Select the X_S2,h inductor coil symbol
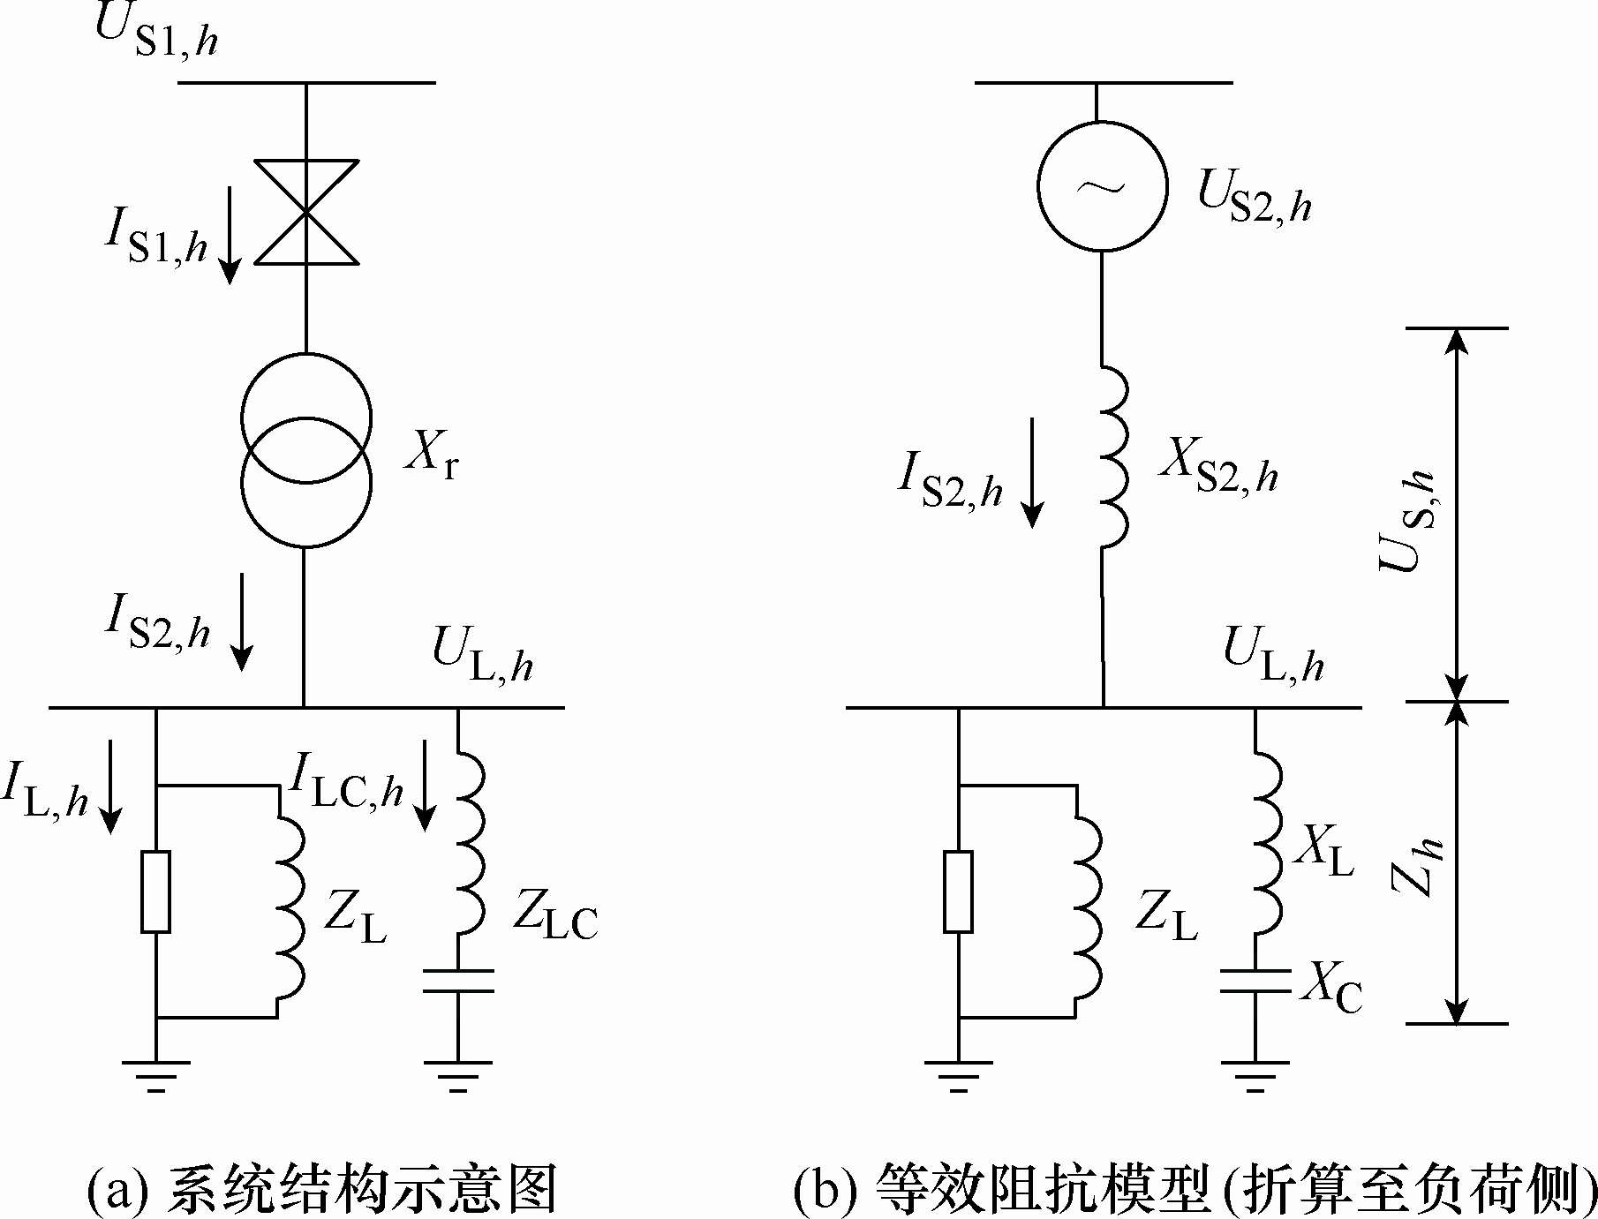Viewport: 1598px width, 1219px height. (1114, 455)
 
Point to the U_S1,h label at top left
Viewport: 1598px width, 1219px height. (155, 32)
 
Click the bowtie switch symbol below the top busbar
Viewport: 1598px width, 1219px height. (306, 212)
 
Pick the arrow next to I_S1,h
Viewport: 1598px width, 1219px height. (230, 234)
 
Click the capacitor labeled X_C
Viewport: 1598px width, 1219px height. (1255, 981)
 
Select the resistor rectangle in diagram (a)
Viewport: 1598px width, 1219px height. (156, 892)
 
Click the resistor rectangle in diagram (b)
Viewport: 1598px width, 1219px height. (958, 892)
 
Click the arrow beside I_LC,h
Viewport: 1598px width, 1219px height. (426, 786)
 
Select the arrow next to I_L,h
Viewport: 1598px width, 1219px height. (110, 786)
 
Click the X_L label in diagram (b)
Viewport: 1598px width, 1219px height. (1323, 854)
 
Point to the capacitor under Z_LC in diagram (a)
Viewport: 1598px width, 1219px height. (457, 981)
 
